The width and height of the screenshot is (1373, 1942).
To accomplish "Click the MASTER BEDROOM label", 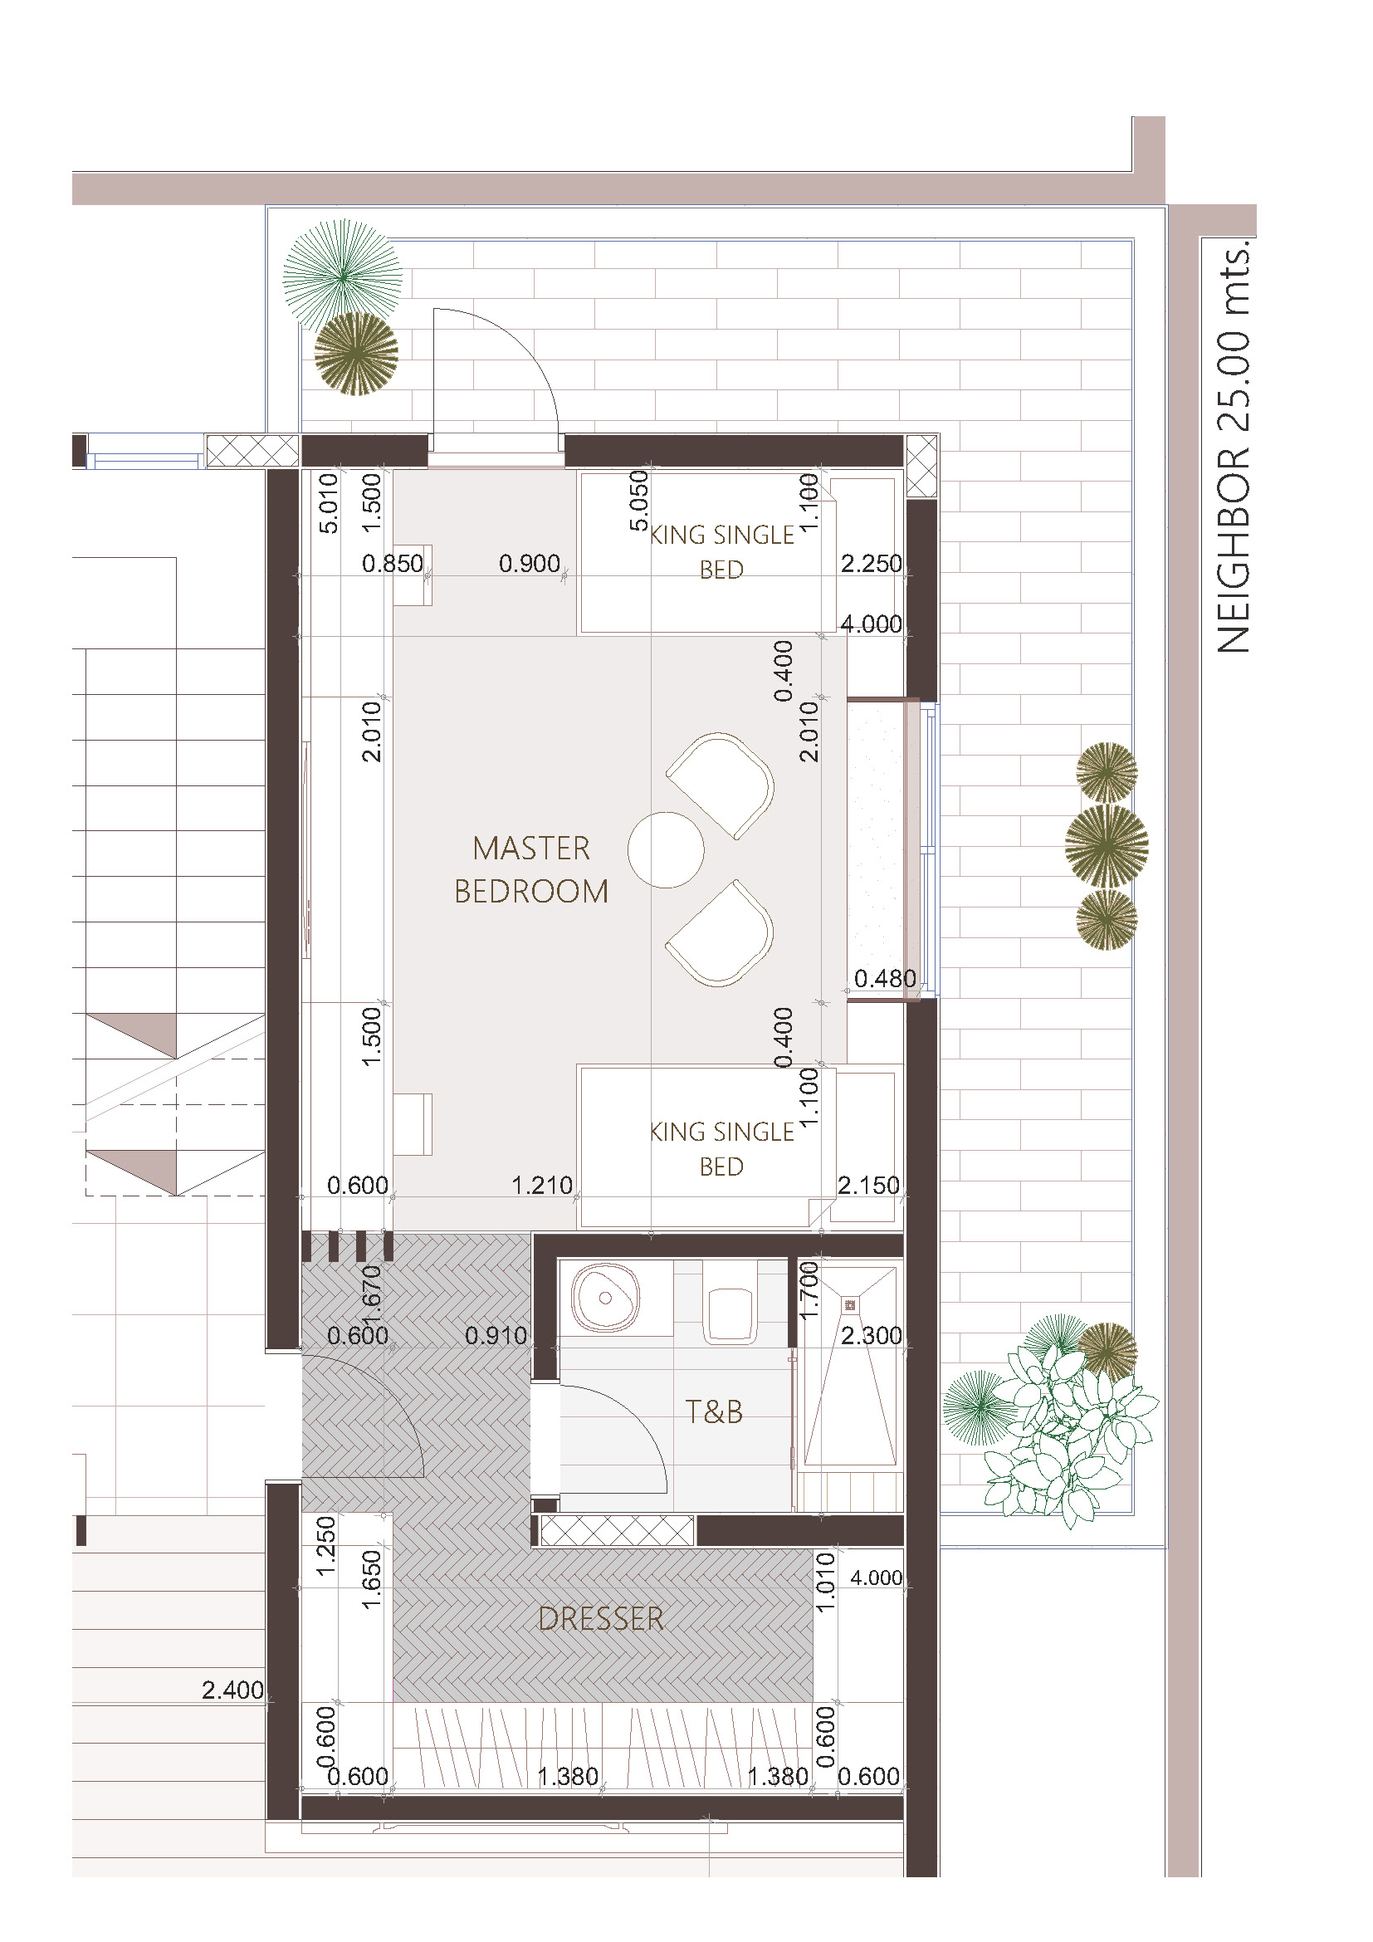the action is pos(531,869).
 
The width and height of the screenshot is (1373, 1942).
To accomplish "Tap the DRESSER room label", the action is pos(601,1619).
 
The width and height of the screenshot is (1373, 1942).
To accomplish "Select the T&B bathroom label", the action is pos(714,1411).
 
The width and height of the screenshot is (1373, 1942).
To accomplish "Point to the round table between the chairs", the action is pos(667,850).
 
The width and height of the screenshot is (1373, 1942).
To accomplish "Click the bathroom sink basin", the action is pos(604,1299).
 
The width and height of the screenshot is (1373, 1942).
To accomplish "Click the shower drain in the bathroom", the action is pos(850,1306).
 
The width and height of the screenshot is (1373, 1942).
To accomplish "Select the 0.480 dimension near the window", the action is pos(885,979).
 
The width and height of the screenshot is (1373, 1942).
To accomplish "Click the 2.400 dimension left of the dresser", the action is pos(232,1690).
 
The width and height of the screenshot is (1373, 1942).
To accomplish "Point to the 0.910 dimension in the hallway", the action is pos(496,1336).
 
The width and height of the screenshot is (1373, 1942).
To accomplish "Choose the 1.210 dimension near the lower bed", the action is pos(542,1185).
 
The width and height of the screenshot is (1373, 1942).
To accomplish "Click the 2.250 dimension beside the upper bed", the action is pos(872,563).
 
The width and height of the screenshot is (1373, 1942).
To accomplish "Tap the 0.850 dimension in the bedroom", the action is pos(393,563).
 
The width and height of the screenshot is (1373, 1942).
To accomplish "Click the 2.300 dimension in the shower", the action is pos(872,1336).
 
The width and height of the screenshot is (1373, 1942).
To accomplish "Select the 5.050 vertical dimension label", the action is pos(639,501).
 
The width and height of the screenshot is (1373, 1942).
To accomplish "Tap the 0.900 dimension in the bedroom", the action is pos(530,563).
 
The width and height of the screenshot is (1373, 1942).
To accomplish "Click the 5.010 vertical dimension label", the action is pos(328,503).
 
